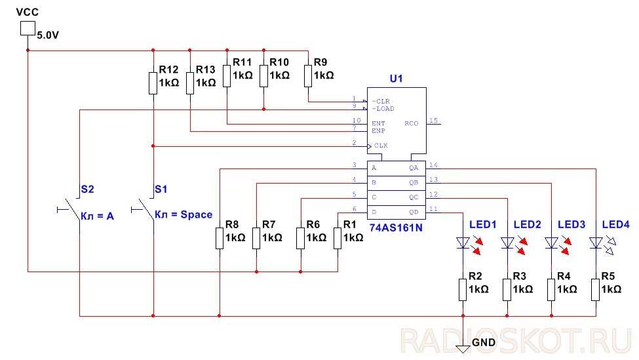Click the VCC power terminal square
tap(28, 28)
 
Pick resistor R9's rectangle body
tap(308, 75)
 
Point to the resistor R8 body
tap(219, 238)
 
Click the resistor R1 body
tap(338, 238)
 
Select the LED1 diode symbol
tap(463, 243)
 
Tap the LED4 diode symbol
tap(596, 243)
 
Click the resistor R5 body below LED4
tap(596, 289)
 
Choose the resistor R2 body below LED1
tap(463, 289)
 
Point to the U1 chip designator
tap(396, 79)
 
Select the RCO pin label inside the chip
tap(411, 123)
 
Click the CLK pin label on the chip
tap(380, 145)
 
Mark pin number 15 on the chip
tap(433, 120)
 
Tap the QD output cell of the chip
tap(414, 211)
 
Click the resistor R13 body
tap(190, 83)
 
